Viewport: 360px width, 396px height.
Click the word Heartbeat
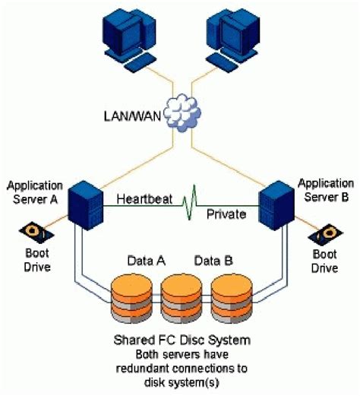[143, 200]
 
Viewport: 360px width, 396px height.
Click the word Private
[226, 214]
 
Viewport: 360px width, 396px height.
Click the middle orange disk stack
[180, 298]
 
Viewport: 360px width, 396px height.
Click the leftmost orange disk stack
[131, 298]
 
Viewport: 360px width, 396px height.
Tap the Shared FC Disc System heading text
[180, 339]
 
